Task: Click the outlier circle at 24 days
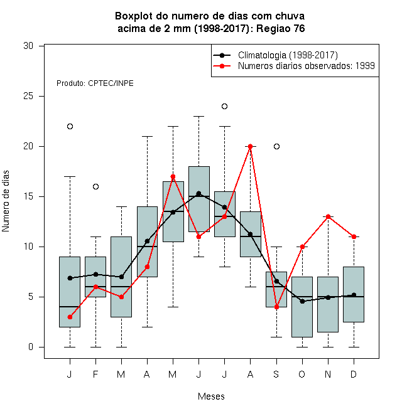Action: pyautogui.click(x=224, y=107)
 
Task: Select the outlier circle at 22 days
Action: pyautogui.click(x=70, y=127)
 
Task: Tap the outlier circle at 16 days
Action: pyautogui.click(x=95, y=187)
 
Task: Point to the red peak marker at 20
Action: pyautogui.click(x=250, y=147)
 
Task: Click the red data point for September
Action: pyautogui.click(x=276, y=307)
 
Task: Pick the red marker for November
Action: pyautogui.click(x=329, y=217)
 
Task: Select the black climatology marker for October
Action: pyautogui.click(x=302, y=301)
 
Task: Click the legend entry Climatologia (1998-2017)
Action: pyautogui.click(x=288, y=55)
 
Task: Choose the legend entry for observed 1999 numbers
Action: pyautogui.click(x=307, y=66)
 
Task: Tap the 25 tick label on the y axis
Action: pyautogui.click(x=28, y=96)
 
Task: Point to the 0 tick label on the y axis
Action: pyautogui.click(x=31, y=347)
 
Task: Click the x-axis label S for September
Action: pyautogui.click(x=276, y=374)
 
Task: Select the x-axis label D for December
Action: pyautogui.click(x=354, y=374)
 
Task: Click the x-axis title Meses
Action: pyautogui.click(x=211, y=396)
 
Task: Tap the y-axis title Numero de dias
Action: pyautogui.click(x=6, y=201)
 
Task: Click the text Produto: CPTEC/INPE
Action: pyautogui.click(x=95, y=83)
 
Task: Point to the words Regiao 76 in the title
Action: pyautogui.click(x=280, y=28)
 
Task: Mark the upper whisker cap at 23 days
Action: pyautogui.click(x=199, y=116)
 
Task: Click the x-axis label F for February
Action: pyautogui.click(x=95, y=374)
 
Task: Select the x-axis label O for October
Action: pyautogui.click(x=301, y=374)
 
